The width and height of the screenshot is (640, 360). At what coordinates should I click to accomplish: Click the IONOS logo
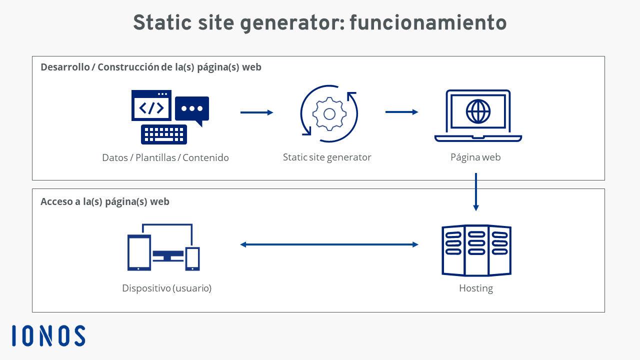pos(48,335)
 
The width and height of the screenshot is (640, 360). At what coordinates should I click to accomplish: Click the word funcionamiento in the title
pos(428,22)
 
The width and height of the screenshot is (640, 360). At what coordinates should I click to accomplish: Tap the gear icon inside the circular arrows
pos(329,114)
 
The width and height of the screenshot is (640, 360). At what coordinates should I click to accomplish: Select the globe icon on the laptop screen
pos(478,111)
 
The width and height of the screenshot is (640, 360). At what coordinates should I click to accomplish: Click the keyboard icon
pos(164,134)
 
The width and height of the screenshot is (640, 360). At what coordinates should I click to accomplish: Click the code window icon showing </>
pos(151,105)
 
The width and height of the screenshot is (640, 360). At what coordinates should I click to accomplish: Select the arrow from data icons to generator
pos(257,112)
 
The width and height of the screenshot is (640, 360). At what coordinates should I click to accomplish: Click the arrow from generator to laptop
pos(401,112)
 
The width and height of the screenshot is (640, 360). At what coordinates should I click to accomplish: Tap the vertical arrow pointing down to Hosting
pos(476,191)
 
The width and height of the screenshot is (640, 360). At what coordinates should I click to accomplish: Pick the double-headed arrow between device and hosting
pos(329,244)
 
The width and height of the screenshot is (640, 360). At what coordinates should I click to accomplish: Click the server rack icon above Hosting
pos(476,250)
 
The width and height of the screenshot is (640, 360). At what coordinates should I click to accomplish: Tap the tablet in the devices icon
pos(139,252)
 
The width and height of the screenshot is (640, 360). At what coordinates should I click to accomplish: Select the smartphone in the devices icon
pos(192,258)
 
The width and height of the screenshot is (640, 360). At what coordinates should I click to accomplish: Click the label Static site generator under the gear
pos(327,157)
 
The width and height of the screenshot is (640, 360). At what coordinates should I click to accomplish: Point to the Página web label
pos(475,157)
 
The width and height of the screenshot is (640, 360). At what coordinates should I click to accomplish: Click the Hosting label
pos(476,288)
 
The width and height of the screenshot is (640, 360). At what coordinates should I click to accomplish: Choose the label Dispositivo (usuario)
pos(167,288)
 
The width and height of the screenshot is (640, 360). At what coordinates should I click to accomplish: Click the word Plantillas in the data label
pos(155,157)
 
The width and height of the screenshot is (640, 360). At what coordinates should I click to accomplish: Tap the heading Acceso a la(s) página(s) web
pos(105,201)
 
